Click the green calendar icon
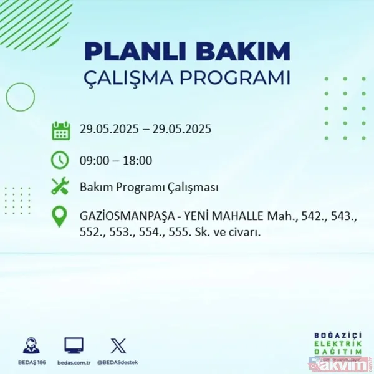pyautogui.click(x=60, y=131)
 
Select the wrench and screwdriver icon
pyautogui.click(x=60, y=187)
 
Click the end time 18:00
pyautogui.click(x=138, y=160)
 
